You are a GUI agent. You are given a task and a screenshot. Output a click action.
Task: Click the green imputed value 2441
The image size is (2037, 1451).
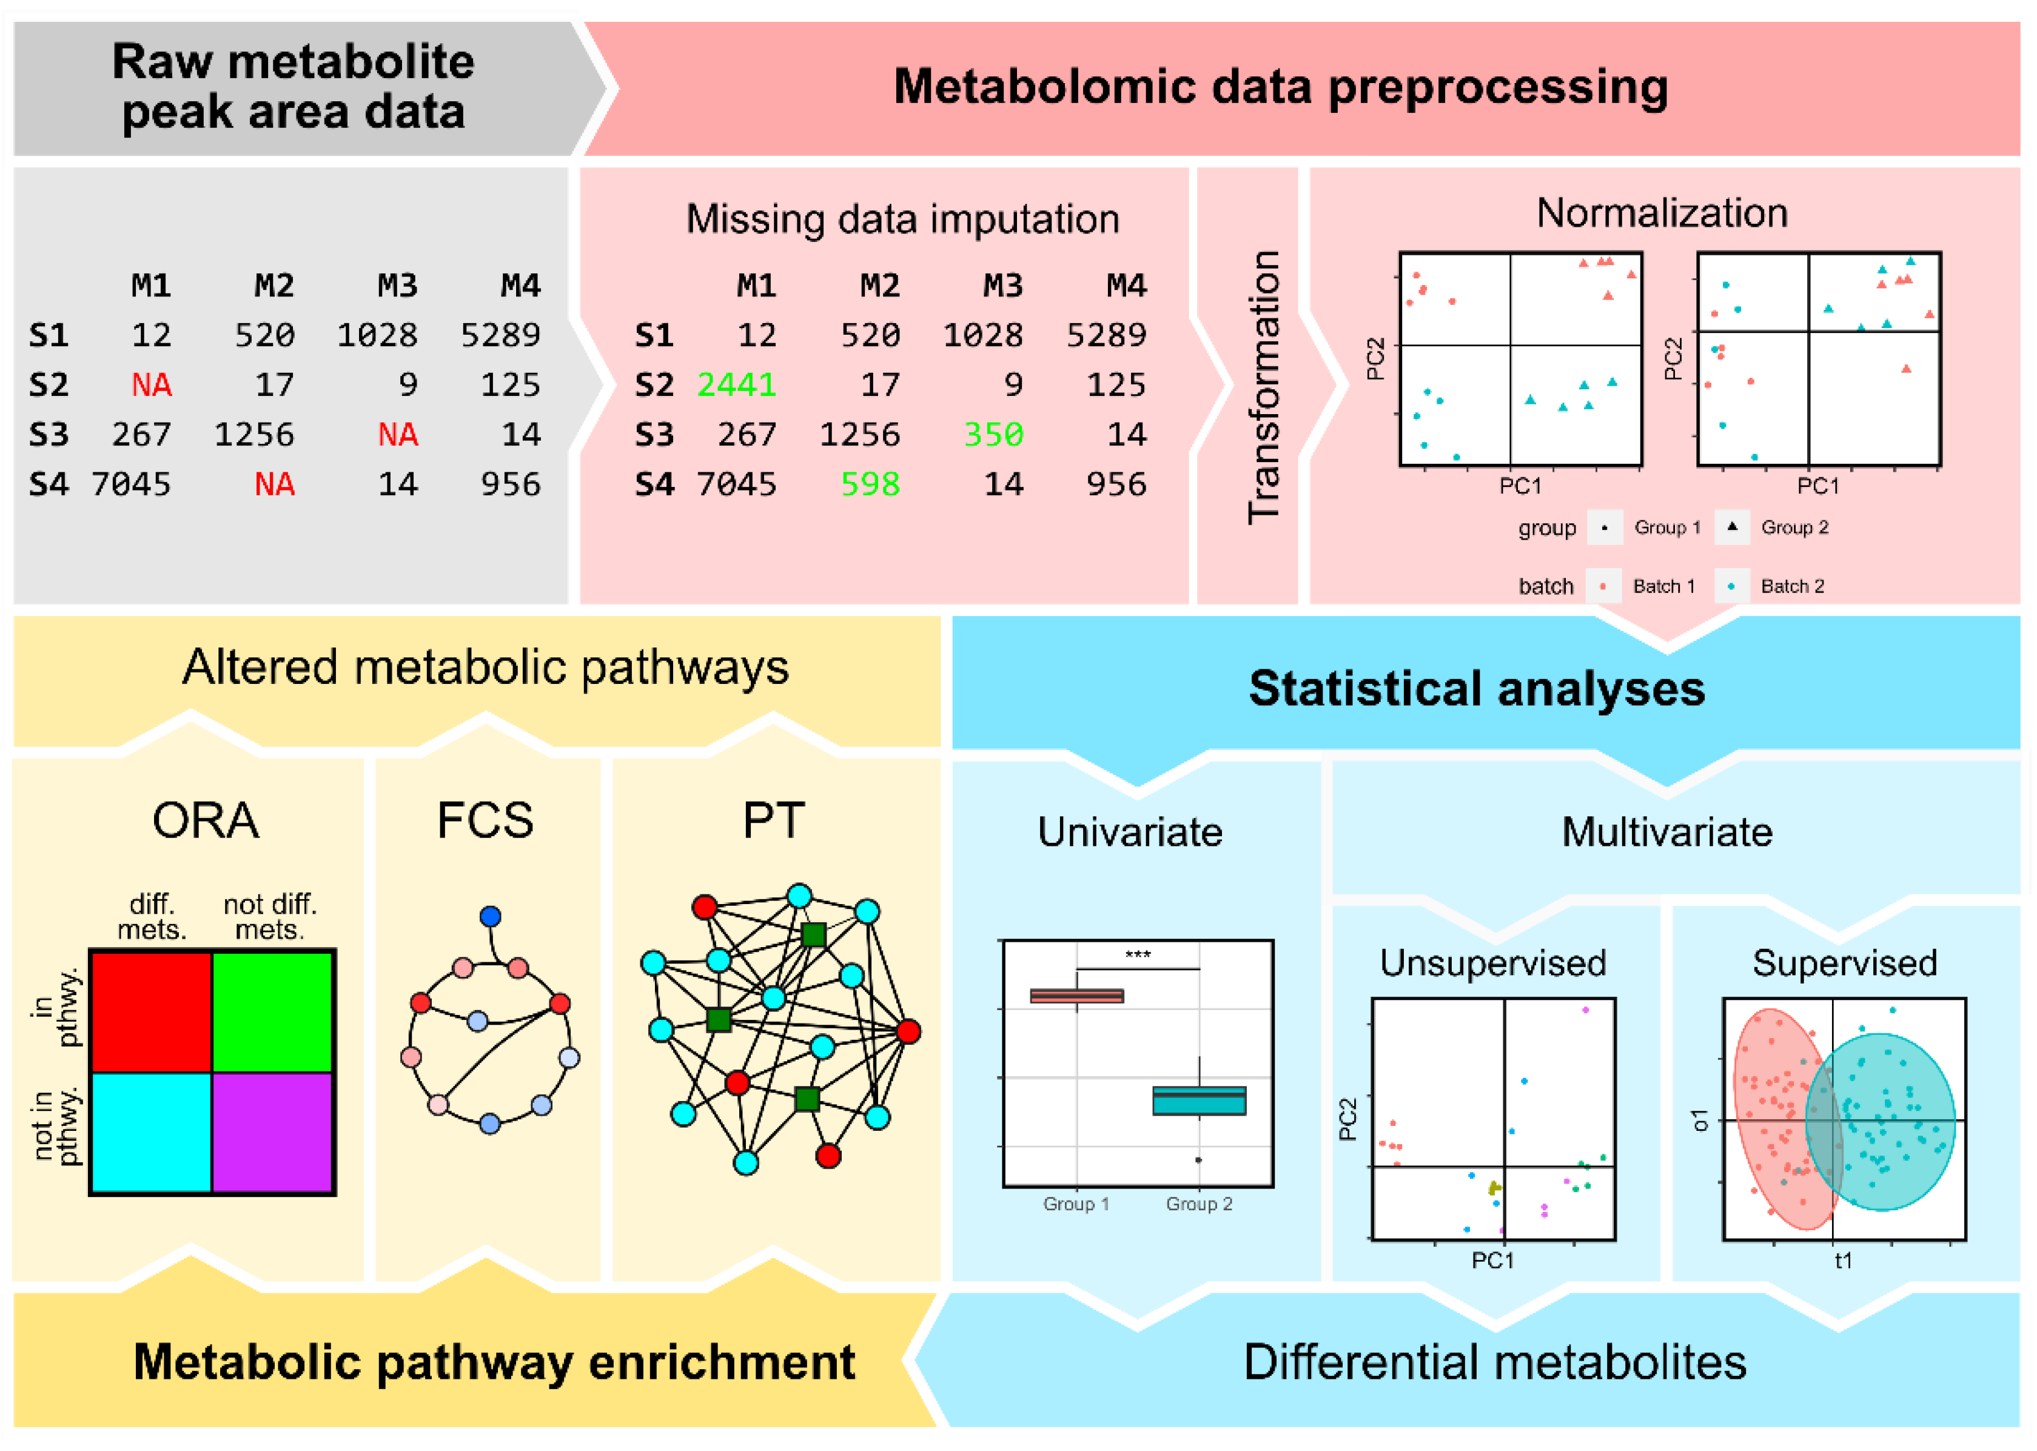(736, 385)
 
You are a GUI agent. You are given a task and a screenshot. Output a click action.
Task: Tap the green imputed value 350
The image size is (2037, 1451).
(993, 435)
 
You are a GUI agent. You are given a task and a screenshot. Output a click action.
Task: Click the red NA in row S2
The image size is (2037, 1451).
(151, 385)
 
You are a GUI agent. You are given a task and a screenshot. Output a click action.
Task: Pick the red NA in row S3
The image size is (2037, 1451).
(398, 435)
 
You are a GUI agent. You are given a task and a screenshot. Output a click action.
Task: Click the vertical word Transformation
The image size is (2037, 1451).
(1263, 387)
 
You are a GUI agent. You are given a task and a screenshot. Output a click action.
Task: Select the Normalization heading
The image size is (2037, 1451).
(1662, 213)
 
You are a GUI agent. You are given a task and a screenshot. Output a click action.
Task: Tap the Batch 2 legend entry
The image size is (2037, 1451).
(1791, 586)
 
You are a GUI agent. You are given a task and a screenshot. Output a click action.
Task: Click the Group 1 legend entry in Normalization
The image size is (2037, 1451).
(1666, 527)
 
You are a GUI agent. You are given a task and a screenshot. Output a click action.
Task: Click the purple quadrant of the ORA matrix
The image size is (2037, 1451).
(272, 1132)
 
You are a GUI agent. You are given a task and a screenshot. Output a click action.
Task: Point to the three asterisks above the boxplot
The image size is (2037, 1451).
(1137, 955)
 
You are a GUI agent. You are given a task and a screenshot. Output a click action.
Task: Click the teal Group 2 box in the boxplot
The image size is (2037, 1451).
(1199, 1100)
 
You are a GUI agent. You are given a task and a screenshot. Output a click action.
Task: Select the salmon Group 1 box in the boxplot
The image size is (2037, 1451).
(1076, 996)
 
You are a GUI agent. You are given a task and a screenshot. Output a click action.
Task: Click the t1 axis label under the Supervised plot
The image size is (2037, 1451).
(1843, 1261)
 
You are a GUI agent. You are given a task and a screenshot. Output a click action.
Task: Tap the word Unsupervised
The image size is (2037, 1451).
(1493, 963)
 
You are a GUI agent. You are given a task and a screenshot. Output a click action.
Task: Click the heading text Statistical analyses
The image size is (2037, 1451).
(1477, 689)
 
